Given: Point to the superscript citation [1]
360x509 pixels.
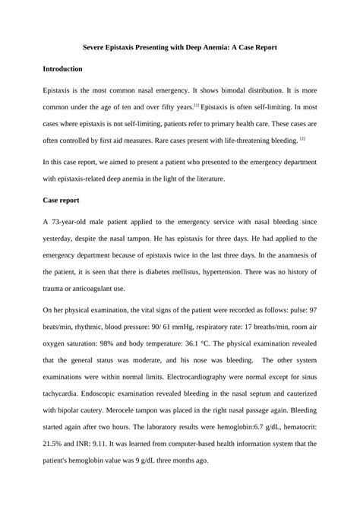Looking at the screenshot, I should pos(196,105).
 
